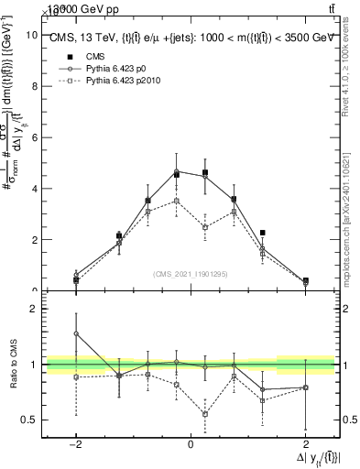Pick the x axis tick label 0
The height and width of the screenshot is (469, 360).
[191, 444]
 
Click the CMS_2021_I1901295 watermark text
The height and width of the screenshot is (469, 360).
[191, 273]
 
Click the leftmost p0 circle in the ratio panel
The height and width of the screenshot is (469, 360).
[76, 333]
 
